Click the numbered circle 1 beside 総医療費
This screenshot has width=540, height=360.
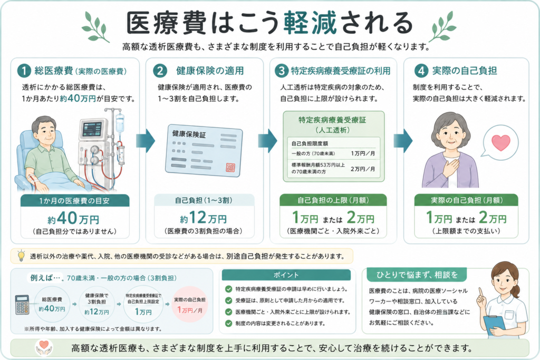click(24, 71)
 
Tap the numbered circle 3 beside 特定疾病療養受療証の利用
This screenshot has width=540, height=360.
click(282, 71)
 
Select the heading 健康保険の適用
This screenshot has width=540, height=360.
click(210, 71)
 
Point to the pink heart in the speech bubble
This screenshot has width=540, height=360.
click(501, 142)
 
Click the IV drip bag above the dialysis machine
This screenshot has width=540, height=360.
click(120, 123)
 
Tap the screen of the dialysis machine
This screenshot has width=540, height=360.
click(92, 129)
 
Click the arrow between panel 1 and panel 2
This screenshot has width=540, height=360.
click(146, 140)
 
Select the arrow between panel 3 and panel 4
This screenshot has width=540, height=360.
click(403, 140)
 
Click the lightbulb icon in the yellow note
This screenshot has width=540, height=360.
click(21, 256)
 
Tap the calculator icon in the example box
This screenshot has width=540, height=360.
click(23, 305)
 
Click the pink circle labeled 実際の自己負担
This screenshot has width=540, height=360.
click(189, 304)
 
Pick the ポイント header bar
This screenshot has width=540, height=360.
click(286, 275)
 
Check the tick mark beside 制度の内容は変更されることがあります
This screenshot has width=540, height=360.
click(228, 323)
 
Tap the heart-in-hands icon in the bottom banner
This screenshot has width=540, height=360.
click(44, 347)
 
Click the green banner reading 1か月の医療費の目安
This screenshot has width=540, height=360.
click(75, 201)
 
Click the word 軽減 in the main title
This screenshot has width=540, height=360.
click(310, 23)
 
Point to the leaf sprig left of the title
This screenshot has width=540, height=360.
click(95, 26)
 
